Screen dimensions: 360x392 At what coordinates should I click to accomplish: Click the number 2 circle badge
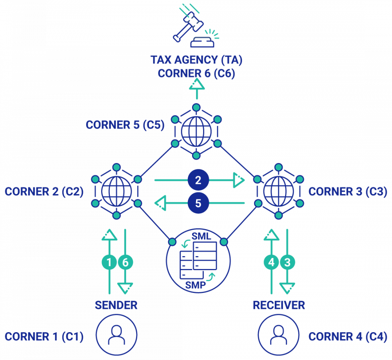198,180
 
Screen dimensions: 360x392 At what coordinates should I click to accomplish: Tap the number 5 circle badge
198,203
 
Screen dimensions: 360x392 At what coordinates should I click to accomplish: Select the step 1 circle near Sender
109,262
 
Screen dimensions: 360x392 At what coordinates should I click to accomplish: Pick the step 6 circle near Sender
125,262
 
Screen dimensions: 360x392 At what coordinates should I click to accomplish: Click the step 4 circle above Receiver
271,262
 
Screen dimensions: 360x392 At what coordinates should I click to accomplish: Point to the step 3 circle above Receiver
287,262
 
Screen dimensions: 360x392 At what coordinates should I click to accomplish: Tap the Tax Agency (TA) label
196,60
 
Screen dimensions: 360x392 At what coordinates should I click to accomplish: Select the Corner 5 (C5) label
125,125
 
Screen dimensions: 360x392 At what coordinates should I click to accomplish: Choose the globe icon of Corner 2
116,191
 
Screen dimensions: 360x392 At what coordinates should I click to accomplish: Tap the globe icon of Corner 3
278,191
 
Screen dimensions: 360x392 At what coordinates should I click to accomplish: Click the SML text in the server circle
201,236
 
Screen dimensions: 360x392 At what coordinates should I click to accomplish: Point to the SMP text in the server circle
195,285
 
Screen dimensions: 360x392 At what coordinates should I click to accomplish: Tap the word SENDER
116,305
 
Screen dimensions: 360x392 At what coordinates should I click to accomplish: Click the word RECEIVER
279,305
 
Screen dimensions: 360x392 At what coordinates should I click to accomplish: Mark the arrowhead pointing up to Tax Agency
196,84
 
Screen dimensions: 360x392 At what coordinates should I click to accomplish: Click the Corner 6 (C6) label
196,73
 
